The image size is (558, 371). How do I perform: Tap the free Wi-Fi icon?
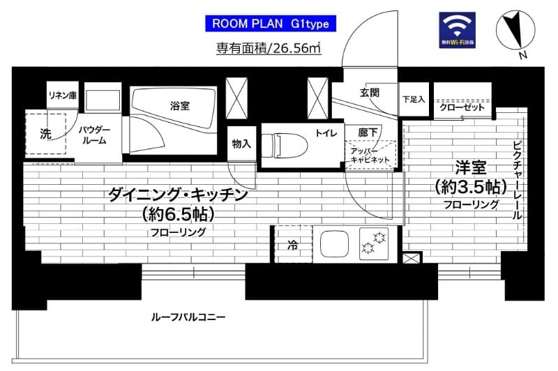pos(458,29)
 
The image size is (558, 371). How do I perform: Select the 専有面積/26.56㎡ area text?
pos(268,48)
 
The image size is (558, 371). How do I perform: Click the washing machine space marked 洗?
pos(45,133)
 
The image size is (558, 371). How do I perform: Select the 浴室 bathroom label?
pos(179,106)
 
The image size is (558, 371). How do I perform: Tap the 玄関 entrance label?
pos(369,93)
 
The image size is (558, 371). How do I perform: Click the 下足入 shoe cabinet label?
pos(414,100)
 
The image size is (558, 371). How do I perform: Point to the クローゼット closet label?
pos(462,108)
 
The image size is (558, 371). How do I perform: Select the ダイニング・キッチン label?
pos(178,195)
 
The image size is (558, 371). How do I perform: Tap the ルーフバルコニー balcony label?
pos(188,317)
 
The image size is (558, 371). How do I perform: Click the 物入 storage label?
pos(241,144)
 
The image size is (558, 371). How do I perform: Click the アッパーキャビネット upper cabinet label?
pos(370,154)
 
